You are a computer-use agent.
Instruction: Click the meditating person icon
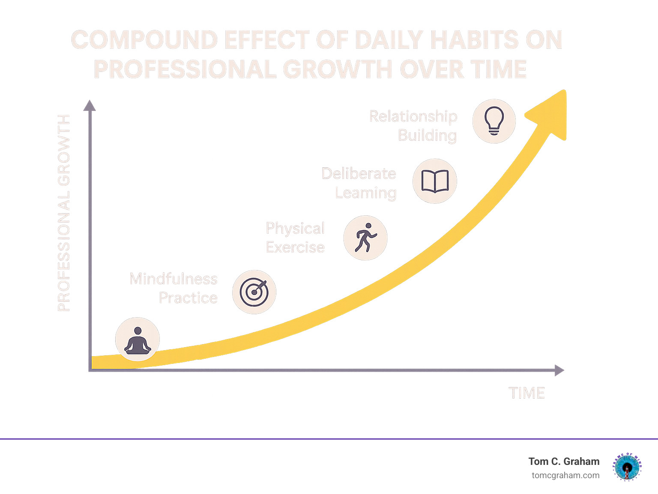(x=138, y=340)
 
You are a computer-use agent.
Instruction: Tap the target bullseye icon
(x=254, y=292)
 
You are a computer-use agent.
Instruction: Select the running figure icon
(x=365, y=238)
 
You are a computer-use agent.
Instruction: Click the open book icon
(x=435, y=181)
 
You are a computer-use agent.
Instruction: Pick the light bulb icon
(x=494, y=121)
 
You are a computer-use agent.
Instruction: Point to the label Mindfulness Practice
(x=174, y=288)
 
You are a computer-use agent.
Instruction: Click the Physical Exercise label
(x=295, y=238)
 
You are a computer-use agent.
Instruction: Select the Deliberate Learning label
(x=359, y=183)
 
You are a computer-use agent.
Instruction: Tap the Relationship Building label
(x=413, y=125)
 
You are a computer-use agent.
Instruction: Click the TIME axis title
(x=526, y=393)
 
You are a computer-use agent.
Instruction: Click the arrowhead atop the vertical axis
(x=90, y=105)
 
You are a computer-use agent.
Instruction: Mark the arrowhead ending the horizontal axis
(x=559, y=370)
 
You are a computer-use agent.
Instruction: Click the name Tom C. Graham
(x=564, y=461)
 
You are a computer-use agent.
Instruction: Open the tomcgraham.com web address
(x=565, y=475)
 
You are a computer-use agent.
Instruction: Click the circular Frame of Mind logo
(x=628, y=467)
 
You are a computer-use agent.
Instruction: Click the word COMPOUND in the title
(x=144, y=40)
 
